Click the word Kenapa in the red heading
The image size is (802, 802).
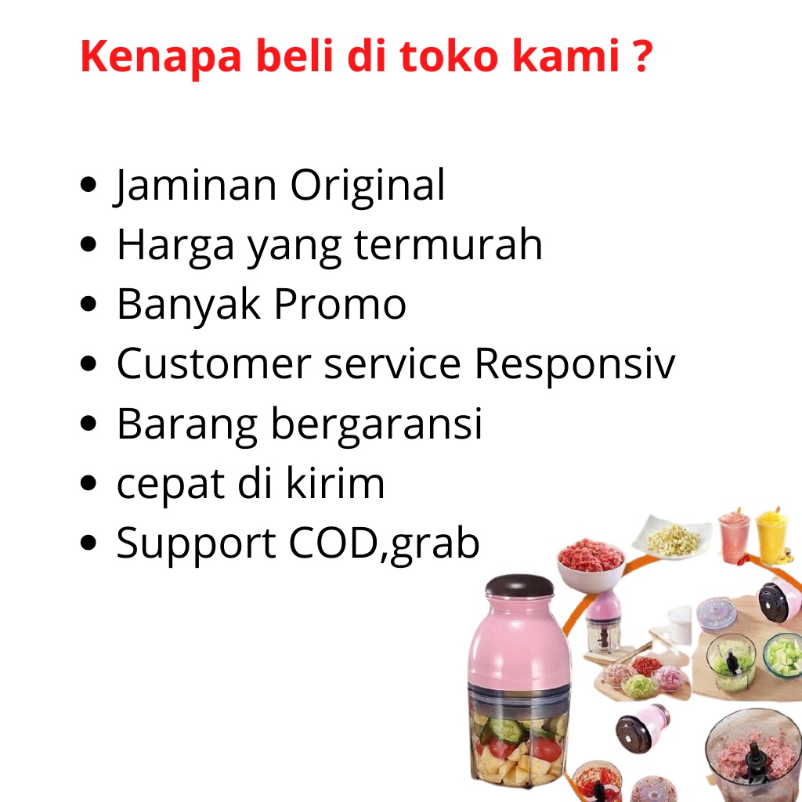coord(161,57)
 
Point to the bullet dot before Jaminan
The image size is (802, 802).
coord(89,184)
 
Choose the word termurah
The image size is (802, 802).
coord(447,244)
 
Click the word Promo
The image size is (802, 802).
coord(340,304)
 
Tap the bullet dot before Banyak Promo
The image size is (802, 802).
coord(89,303)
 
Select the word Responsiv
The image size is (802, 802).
coord(575,363)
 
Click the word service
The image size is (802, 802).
coord(392,363)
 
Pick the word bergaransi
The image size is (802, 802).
coord(376,425)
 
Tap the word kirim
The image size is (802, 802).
coord(335,482)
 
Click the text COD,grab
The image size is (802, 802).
coord(384,544)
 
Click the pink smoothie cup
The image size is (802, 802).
coord(734,537)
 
